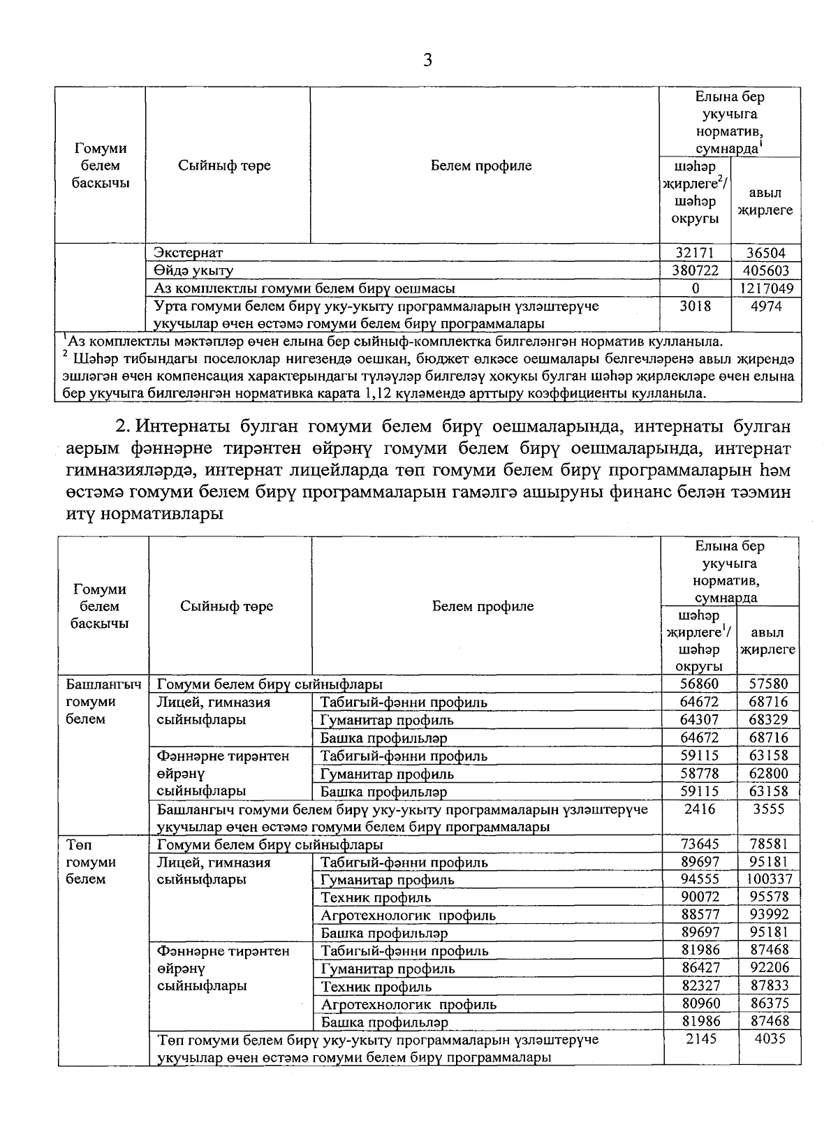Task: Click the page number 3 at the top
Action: (428, 61)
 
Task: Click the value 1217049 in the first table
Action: (766, 288)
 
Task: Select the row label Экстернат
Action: (189, 253)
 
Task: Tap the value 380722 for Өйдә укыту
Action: (696, 271)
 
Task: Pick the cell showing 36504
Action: (766, 253)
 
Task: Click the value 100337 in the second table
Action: (770, 879)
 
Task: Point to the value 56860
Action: (699, 684)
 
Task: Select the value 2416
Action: (699, 809)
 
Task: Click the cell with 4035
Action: (770, 1038)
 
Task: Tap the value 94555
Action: (699, 879)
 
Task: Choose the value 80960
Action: (699, 1004)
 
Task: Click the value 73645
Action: (699, 844)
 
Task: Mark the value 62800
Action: (768, 773)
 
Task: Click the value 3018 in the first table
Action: (696, 306)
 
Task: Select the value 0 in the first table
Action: (696, 288)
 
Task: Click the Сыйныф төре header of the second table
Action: (227, 606)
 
